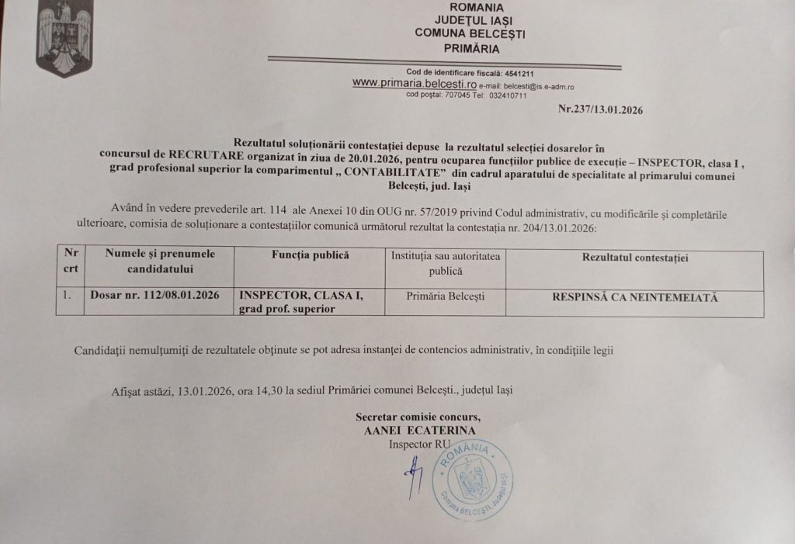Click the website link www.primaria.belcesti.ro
click(403, 82)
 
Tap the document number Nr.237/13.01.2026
click(600, 109)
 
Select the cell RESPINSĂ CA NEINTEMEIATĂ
click(634, 296)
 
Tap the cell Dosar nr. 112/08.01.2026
click(154, 296)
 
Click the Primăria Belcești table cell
click(445, 296)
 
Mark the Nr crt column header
click(71, 261)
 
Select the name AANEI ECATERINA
click(419, 430)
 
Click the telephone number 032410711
click(509, 95)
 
